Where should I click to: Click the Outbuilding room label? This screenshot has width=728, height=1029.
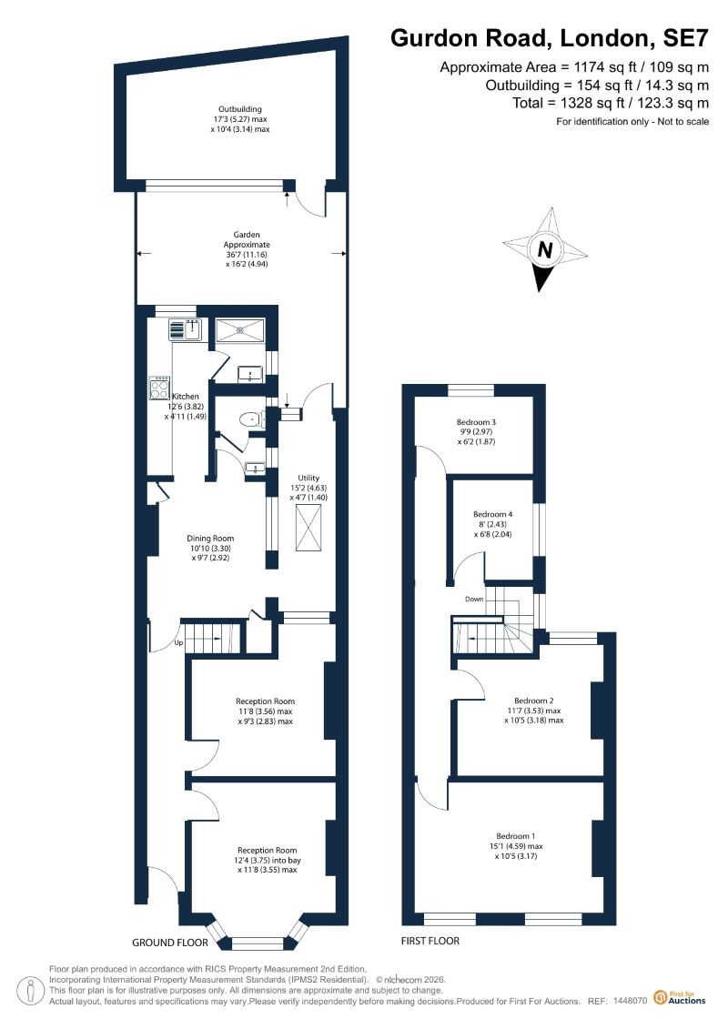click(240, 109)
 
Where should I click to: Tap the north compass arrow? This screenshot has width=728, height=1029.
click(545, 249)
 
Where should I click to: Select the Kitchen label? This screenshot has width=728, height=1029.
click(185, 397)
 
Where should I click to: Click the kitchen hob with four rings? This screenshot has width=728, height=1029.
click(159, 388)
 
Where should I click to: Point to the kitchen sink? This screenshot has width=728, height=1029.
click(185, 329)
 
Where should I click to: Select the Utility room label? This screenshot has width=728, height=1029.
click(308, 478)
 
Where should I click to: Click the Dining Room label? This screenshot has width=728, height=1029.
click(210, 538)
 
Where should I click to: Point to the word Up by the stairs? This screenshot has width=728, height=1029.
click(178, 642)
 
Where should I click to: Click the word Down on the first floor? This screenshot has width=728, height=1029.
click(474, 600)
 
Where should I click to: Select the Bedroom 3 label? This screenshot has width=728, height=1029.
click(476, 422)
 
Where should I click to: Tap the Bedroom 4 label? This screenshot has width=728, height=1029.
click(492, 515)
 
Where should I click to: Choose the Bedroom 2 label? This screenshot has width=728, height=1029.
click(533, 701)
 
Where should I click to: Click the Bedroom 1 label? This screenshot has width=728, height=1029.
click(515, 836)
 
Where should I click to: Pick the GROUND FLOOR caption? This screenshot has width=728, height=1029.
click(170, 943)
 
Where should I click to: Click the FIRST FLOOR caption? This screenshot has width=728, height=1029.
click(430, 941)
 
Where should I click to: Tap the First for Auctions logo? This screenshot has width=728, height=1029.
click(680, 998)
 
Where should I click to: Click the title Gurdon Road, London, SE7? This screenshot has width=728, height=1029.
click(550, 38)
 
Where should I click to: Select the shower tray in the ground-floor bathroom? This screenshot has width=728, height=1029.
click(240, 329)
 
